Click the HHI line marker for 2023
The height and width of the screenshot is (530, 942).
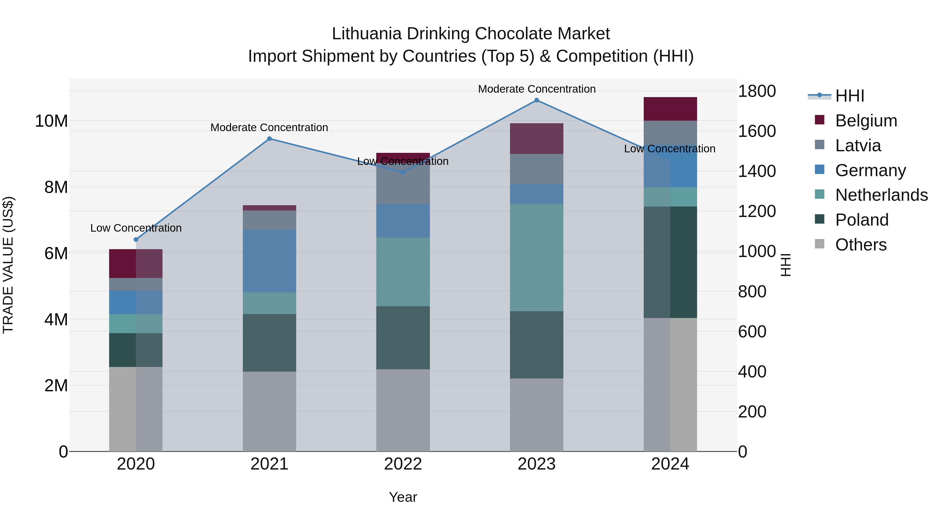(x=536, y=100)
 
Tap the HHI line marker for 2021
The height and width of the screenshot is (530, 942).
(x=270, y=139)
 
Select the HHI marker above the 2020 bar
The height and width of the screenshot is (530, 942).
(x=136, y=239)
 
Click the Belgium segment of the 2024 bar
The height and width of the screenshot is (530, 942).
(x=670, y=109)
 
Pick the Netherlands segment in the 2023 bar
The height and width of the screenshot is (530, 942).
(x=536, y=258)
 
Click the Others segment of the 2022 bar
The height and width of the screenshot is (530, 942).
(x=403, y=410)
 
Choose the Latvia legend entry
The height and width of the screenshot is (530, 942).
(x=858, y=146)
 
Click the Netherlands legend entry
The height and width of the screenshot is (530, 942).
(x=881, y=195)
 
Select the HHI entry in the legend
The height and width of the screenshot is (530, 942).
(x=849, y=96)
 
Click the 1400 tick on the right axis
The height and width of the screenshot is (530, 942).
(x=756, y=171)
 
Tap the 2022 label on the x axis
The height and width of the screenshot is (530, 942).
(x=403, y=464)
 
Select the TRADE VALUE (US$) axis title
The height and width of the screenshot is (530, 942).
(x=8, y=265)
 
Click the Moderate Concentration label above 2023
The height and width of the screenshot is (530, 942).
(x=536, y=89)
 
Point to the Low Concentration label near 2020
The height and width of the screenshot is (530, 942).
(x=136, y=228)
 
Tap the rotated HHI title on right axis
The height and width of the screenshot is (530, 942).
(x=786, y=265)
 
